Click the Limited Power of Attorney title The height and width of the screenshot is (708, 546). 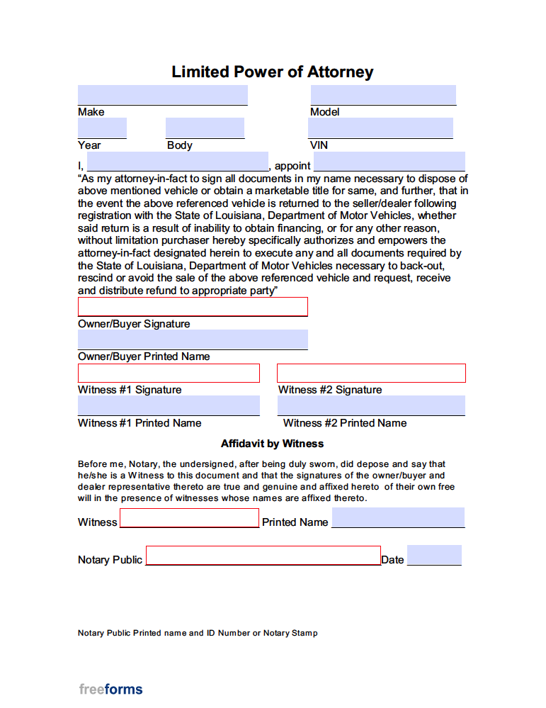click(273, 72)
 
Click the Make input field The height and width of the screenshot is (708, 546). click(162, 95)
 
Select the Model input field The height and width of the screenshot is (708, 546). click(382, 95)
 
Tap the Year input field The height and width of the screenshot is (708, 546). click(102, 128)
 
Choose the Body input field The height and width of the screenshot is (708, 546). click(205, 128)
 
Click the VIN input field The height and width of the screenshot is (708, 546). click(380, 128)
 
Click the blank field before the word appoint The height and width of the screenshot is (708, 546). click(177, 162)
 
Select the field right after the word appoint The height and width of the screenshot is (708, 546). click(389, 162)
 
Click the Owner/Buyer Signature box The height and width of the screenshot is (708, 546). click(193, 307)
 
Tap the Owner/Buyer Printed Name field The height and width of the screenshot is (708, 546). click(193, 339)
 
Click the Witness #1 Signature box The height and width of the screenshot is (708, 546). click(169, 373)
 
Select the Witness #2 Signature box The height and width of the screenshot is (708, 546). click(371, 373)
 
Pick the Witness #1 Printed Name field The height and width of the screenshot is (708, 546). click(169, 406)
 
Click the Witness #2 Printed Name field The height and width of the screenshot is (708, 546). click(371, 406)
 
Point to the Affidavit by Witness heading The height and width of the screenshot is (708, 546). click(272, 444)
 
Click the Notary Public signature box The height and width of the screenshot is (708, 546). click(263, 556)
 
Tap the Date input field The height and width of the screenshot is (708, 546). click(434, 555)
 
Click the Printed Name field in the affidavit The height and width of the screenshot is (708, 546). click(398, 518)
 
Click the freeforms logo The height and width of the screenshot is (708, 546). click(110, 689)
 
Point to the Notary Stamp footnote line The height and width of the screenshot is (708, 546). click(198, 633)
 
